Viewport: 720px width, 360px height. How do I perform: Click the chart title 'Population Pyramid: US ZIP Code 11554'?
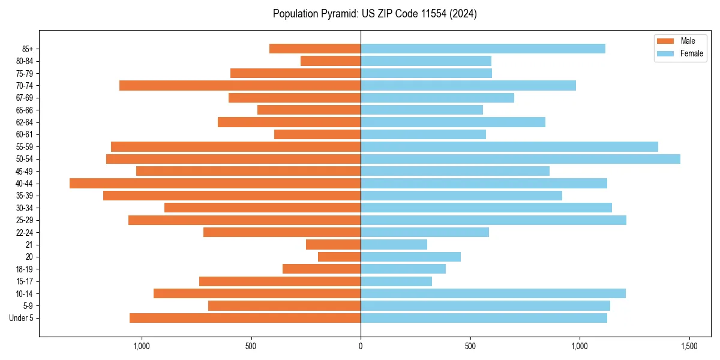pos(374,14)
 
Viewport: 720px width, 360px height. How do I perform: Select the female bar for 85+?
pos(482,49)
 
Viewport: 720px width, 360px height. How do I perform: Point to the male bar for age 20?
pos(339,257)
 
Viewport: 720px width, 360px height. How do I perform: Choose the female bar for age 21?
pos(394,244)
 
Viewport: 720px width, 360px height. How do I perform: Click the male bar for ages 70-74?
pos(240,85)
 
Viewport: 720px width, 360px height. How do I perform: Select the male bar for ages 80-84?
pos(331,61)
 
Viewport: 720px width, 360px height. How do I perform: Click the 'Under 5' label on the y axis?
pos(21,318)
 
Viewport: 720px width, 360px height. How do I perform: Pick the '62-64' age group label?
pos(25,122)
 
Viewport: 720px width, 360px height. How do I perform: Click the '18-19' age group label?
pos(25,269)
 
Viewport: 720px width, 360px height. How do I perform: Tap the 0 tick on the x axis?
pos(361,346)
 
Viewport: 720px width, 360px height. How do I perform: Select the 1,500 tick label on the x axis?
pos(689,346)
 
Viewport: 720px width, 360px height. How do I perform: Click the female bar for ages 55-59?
pos(509,146)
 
